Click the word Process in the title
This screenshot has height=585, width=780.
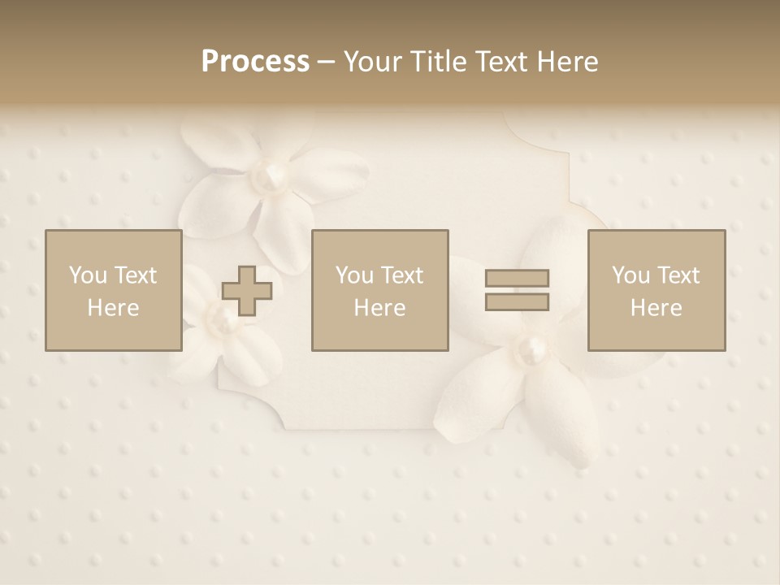pyautogui.click(x=255, y=62)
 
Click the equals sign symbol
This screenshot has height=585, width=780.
pyautogui.click(x=517, y=290)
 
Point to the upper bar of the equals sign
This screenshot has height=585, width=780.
pyautogui.click(x=517, y=279)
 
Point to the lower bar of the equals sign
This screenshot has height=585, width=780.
pyautogui.click(x=517, y=301)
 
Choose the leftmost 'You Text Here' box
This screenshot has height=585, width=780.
pyautogui.click(x=113, y=291)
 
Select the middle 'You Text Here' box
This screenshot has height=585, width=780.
pyautogui.click(x=379, y=291)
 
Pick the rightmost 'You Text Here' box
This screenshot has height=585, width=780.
pyautogui.click(x=656, y=291)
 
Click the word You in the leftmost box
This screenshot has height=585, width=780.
pyautogui.click(x=87, y=275)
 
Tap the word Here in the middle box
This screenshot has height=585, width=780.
pyautogui.click(x=379, y=308)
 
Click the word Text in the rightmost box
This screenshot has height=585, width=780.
pyautogui.click(x=677, y=275)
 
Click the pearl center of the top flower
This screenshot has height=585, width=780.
pyautogui.click(x=271, y=173)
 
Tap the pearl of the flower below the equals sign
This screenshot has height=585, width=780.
pyautogui.click(x=533, y=351)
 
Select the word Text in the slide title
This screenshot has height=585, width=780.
pyautogui.click(x=500, y=62)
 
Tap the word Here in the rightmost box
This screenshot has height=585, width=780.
pyautogui.click(x=656, y=308)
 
